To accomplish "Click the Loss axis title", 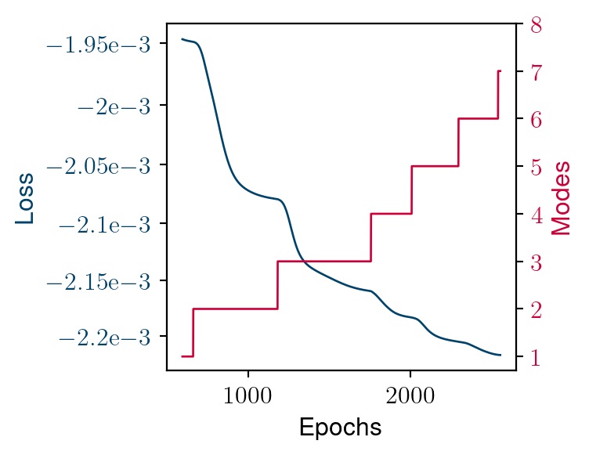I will pyautogui.click(x=25, y=197).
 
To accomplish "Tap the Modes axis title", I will pyautogui.click(x=561, y=197).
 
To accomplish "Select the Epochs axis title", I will pyautogui.click(x=341, y=428).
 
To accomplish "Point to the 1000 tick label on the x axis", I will pyautogui.click(x=248, y=395).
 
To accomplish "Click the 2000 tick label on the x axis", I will pyautogui.click(x=410, y=395).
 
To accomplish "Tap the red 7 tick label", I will pyautogui.click(x=537, y=72).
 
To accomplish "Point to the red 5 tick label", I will pyautogui.click(x=537, y=167).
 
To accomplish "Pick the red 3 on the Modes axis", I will pyautogui.click(x=537, y=262).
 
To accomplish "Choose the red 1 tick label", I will pyautogui.click(x=537, y=358).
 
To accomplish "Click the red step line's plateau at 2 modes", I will pyautogui.click(x=235, y=309).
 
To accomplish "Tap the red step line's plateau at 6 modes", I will pyautogui.click(x=478, y=118).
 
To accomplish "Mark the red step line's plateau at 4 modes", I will pyautogui.click(x=391, y=214).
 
